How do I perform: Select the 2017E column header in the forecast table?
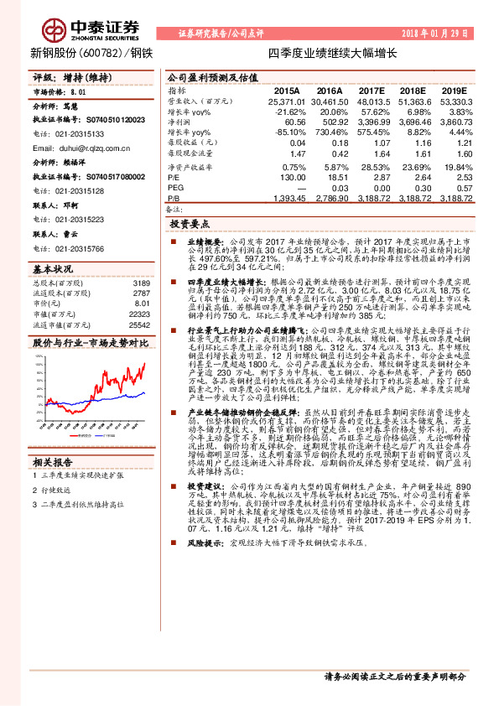pyautogui.click(x=371, y=90)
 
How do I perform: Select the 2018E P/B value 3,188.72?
pyautogui.click(x=414, y=199)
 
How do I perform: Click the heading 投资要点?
pyautogui.click(x=190, y=225)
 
